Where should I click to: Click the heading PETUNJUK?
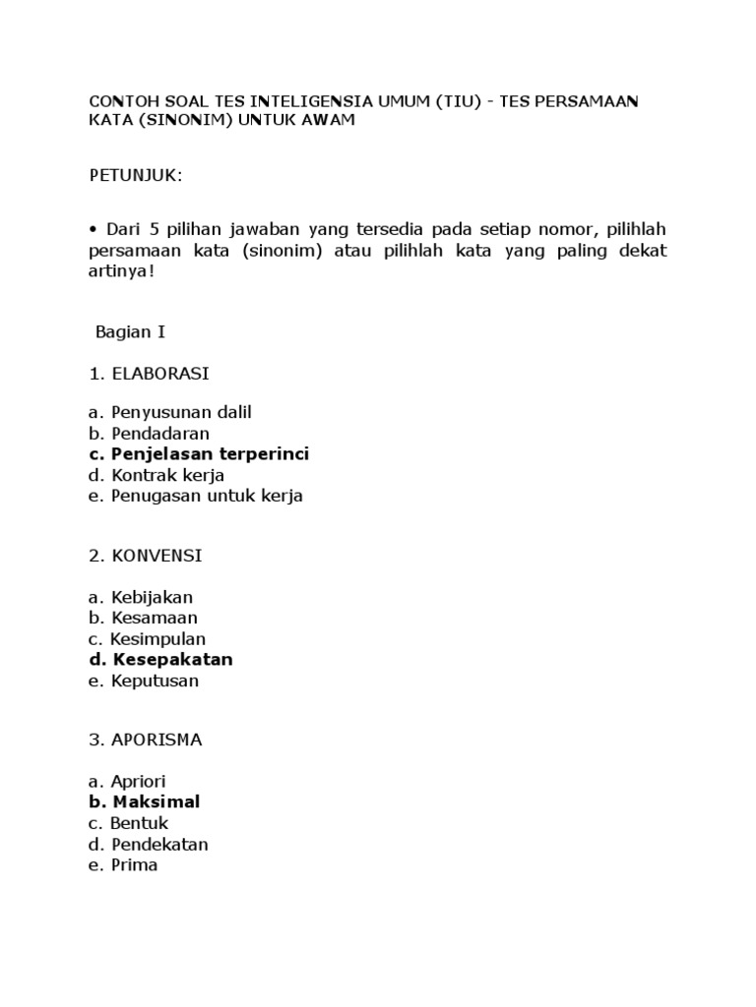(136, 176)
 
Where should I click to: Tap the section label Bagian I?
(130, 331)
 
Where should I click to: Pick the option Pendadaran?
(160, 433)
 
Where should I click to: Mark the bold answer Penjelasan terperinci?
(210, 453)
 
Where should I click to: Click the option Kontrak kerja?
(168, 475)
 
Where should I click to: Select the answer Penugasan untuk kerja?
(207, 496)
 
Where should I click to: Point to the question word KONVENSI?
(157, 556)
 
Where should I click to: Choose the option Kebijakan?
(152, 597)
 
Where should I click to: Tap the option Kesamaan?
(155, 618)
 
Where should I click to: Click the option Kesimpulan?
(157, 639)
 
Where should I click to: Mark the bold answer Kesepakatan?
(172, 659)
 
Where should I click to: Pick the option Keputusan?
(155, 681)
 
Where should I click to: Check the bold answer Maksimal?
(156, 802)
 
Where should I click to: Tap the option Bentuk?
(140, 823)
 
